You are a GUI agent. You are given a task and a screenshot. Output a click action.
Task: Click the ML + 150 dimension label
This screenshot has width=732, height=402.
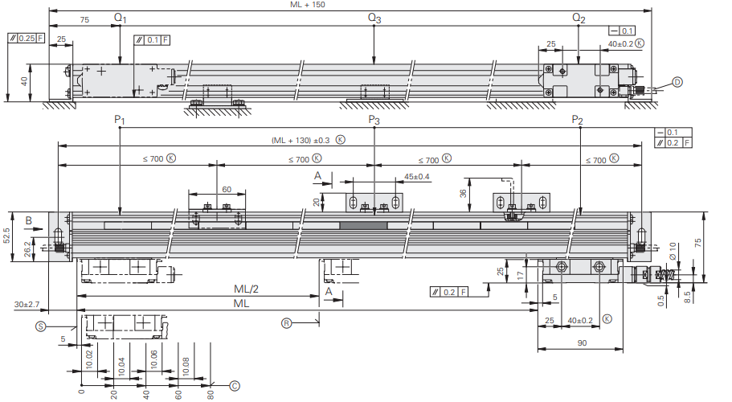(307, 5)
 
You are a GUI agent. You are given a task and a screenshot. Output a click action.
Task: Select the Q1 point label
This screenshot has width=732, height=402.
(120, 18)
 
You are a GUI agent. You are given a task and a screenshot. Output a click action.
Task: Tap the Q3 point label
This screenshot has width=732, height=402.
(374, 18)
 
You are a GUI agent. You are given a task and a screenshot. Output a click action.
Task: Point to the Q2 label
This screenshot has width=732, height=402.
(579, 18)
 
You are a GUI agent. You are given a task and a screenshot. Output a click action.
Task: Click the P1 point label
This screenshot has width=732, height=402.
(120, 120)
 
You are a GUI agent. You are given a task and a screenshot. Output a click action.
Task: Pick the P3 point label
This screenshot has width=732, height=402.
(374, 120)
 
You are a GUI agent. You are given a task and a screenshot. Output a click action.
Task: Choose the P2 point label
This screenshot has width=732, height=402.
(578, 120)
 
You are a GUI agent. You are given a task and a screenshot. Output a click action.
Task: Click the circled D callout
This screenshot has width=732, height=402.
(677, 82)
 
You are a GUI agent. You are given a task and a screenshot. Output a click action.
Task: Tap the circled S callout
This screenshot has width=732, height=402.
(41, 326)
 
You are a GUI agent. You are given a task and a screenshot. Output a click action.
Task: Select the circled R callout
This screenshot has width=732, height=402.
(286, 322)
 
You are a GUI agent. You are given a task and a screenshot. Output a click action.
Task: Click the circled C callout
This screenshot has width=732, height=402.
(235, 386)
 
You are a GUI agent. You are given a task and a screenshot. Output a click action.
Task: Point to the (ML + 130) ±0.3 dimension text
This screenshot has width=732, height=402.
(301, 140)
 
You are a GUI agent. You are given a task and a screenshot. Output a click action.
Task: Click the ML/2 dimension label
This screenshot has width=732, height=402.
(246, 289)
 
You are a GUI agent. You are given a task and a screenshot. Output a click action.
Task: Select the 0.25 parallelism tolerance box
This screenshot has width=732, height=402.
(27, 38)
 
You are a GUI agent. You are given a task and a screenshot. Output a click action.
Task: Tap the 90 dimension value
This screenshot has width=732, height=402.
(582, 343)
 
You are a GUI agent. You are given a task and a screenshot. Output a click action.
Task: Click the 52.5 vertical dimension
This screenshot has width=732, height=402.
(6, 236)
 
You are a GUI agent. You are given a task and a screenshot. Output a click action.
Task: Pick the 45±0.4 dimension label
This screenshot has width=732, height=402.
(416, 177)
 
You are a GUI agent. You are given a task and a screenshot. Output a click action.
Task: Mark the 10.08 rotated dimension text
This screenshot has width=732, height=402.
(186, 367)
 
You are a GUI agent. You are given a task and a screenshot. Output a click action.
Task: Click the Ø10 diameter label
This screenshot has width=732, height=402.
(673, 251)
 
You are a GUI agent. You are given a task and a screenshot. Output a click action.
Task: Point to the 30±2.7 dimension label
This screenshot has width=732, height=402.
(27, 305)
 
